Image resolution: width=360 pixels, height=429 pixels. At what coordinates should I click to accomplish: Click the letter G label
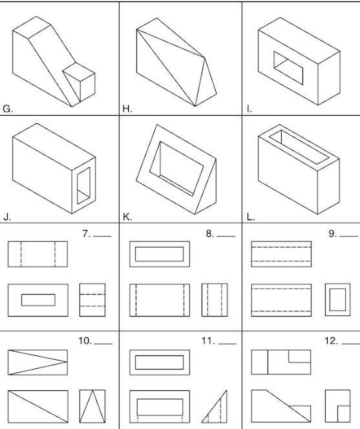[7, 109]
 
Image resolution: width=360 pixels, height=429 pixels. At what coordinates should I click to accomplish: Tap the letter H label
[127, 109]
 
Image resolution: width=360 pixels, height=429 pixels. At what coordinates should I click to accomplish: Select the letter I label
[249, 109]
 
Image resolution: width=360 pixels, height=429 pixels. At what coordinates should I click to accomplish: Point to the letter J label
[7, 217]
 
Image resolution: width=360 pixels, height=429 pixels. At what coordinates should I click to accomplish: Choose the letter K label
[127, 217]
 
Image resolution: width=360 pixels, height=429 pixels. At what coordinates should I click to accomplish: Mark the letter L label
[251, 217]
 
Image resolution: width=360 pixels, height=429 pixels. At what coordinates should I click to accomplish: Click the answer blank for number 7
[102, 236]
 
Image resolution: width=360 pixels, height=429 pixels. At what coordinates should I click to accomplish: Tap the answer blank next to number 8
[226, 236]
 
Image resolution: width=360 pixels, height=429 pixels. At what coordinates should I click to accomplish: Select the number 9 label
[333, 234]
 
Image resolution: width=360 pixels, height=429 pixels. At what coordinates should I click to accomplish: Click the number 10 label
[85, 341]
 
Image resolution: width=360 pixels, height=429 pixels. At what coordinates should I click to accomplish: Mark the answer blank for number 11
[228, 344]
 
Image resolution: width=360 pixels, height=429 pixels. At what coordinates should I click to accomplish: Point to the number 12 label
[332, 341]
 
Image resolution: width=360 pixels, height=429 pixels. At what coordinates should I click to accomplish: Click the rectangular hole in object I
[288, 68]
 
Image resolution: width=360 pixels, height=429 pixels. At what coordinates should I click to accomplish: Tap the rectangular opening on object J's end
[84, 186]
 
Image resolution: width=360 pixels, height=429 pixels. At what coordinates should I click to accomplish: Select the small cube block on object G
[79, 81]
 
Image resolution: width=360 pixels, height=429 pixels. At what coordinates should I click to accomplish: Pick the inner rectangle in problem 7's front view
[38, 300]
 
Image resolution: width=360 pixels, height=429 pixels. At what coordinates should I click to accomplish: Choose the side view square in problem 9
[337, 300]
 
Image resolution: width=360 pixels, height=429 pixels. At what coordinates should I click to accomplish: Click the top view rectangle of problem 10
[37, 362]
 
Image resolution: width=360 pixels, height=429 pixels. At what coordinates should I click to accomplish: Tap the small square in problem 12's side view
[344, 414]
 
